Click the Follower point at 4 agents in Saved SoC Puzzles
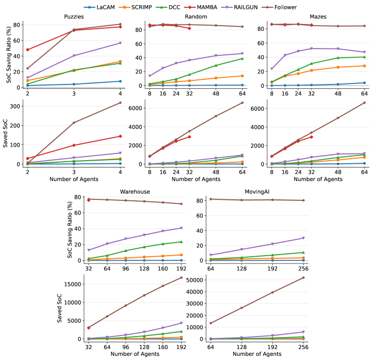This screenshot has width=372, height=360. pyautogui.click(x=121, y=103)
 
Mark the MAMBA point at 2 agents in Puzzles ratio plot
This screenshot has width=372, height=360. pyautogui.click(x=27, y=50)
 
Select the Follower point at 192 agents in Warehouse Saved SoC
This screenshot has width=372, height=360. pyautogui.click(x=181, y=278)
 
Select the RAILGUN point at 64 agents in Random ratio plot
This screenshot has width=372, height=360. pyautogui.click(x=242, y=53)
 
